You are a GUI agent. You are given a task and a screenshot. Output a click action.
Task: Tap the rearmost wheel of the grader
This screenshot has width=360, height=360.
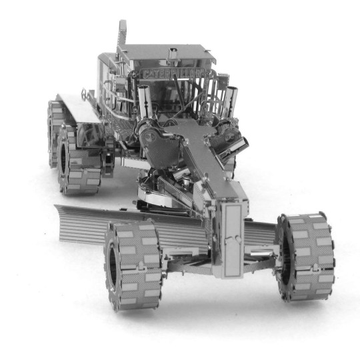coord(56,132)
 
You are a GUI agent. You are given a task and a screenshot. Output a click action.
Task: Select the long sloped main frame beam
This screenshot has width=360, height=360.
coord(207,160)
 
